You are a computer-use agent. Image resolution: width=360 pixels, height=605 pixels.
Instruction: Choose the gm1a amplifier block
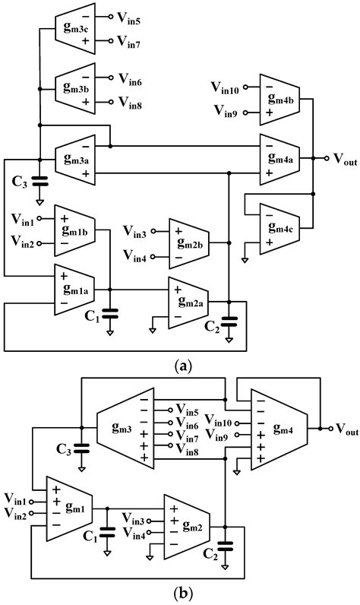click(x=74, y=289)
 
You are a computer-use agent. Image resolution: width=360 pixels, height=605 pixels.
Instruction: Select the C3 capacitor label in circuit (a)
click(x=21, y=182)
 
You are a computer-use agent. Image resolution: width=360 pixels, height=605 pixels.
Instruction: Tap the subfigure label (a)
click(x=181, y=366)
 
